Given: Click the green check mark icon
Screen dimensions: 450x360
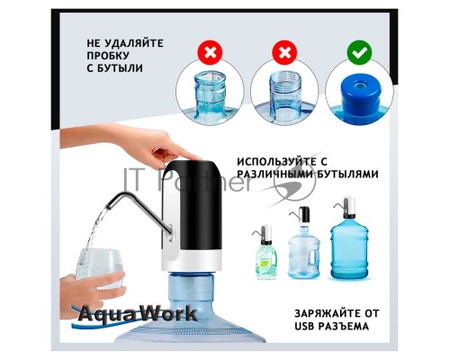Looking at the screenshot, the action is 359,53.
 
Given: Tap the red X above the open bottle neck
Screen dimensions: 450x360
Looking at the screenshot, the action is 210,53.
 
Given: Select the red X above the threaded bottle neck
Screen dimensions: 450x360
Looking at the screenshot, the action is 284,53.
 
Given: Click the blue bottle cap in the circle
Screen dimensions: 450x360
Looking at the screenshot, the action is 360,93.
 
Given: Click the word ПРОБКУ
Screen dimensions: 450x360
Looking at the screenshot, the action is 108,56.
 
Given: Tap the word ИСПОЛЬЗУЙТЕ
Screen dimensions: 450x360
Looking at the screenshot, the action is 277,162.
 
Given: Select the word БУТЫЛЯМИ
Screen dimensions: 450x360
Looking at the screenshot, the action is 347,174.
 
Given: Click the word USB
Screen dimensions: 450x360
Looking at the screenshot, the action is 306,326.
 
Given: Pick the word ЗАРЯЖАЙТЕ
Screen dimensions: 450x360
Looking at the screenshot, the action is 327,313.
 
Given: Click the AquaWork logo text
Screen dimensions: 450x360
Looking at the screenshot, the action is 138,314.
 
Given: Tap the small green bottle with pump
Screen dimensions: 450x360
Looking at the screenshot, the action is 265,252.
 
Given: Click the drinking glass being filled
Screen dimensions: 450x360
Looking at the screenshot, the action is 99,268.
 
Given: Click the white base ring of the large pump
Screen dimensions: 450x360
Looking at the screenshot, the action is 192,260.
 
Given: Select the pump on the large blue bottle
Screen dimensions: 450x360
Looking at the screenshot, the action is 347,207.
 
